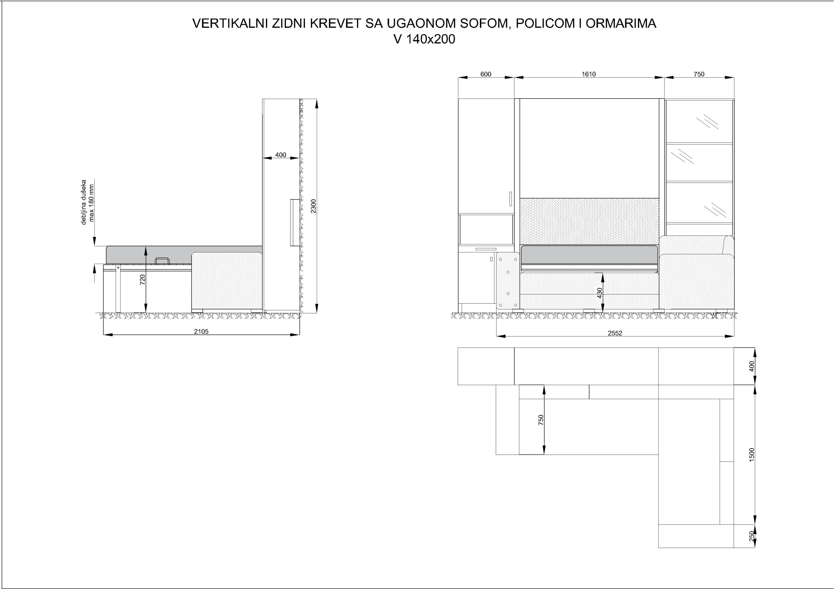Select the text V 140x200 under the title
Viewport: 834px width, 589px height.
[424, 39]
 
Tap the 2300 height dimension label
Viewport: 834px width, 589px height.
[314, 206]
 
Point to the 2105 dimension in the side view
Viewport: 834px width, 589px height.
[201, 331]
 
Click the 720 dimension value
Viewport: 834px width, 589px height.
[143, 280]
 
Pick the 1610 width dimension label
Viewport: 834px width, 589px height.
[588, 74]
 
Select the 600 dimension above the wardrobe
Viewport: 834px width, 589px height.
[486, 74]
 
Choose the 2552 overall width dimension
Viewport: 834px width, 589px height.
[615, 333]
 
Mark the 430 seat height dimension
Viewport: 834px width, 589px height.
[600, 293]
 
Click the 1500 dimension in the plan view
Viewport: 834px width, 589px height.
[752, 455]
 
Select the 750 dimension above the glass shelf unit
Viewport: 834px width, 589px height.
[699, 74]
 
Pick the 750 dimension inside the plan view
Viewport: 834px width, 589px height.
[541, 419]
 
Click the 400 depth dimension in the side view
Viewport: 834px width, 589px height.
[280, 155]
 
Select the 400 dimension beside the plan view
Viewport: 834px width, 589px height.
[752, 366]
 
